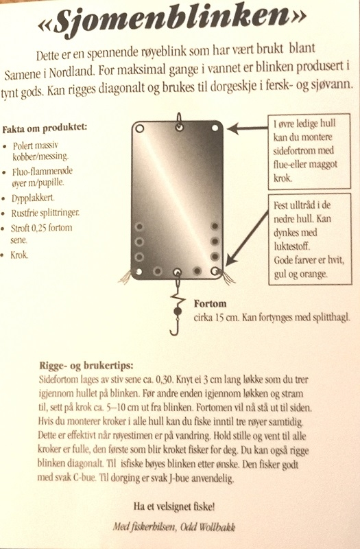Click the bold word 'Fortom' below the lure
[211, 303]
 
